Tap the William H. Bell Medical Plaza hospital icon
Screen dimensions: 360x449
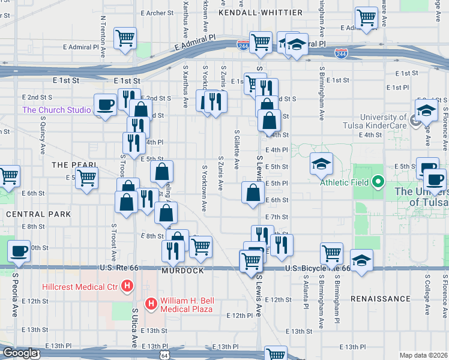point(152,304)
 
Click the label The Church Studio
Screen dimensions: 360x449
point(56,110)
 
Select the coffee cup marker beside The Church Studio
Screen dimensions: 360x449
point(105,105)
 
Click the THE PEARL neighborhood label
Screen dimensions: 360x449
point(74,164)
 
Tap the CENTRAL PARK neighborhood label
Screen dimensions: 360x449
point(38,214)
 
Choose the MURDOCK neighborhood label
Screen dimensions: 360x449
point(182,271)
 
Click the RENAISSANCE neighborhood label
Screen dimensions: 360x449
point(380,298)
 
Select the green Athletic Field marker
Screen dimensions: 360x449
point(378,181)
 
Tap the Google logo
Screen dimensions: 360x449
point(20,353)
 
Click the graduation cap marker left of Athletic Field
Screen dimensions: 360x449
point(321,163)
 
